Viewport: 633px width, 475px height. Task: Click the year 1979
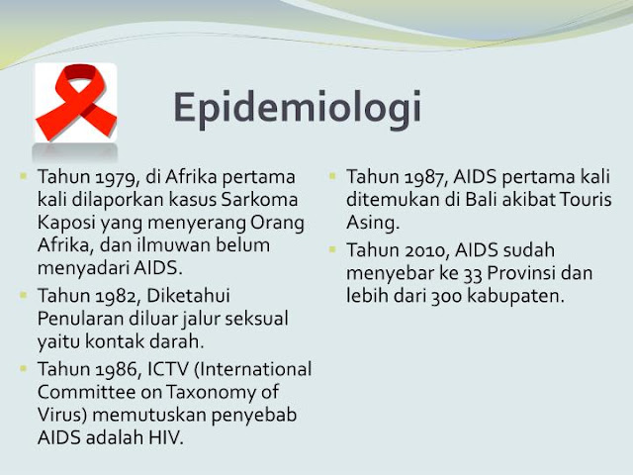point(107,179)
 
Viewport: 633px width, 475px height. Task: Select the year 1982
point(107,296)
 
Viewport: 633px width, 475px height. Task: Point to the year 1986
point(107,369)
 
